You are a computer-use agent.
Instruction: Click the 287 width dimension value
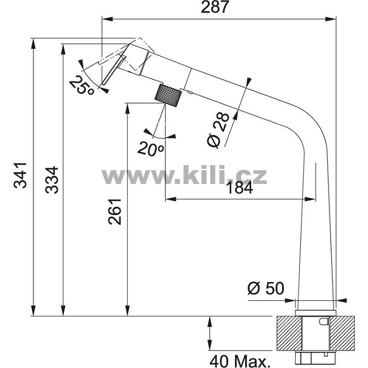click(x=214, y=7)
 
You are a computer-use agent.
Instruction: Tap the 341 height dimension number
click(x=20, y=175)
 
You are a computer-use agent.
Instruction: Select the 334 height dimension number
click(x=52, y=180)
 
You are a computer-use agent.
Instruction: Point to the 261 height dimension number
click(x=115, y=212)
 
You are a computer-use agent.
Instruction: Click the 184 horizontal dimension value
click(x=240, y=188)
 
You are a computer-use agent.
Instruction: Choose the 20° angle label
click(x=150, y=148)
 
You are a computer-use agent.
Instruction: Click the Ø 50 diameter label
click(x=266, y=288)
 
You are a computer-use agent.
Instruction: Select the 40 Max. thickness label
click(x=239, y=361)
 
